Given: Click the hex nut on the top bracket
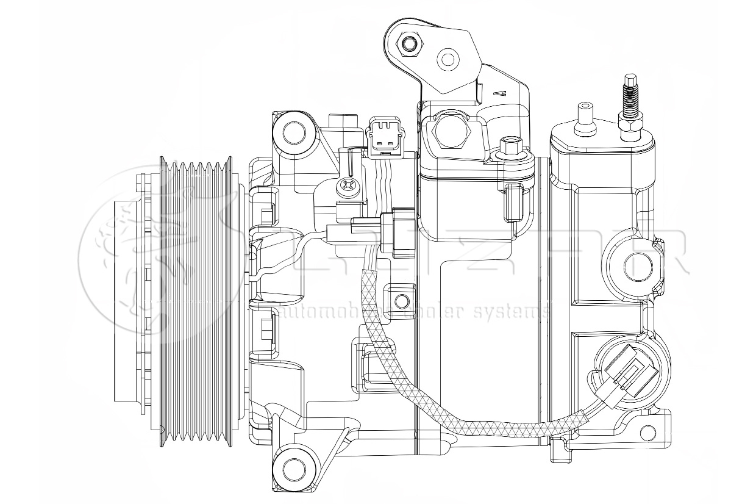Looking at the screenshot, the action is (x=410, y=44).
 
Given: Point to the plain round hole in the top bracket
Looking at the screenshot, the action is (x=448, y=60).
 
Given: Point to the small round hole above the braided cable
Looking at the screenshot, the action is (x=401, y=300).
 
